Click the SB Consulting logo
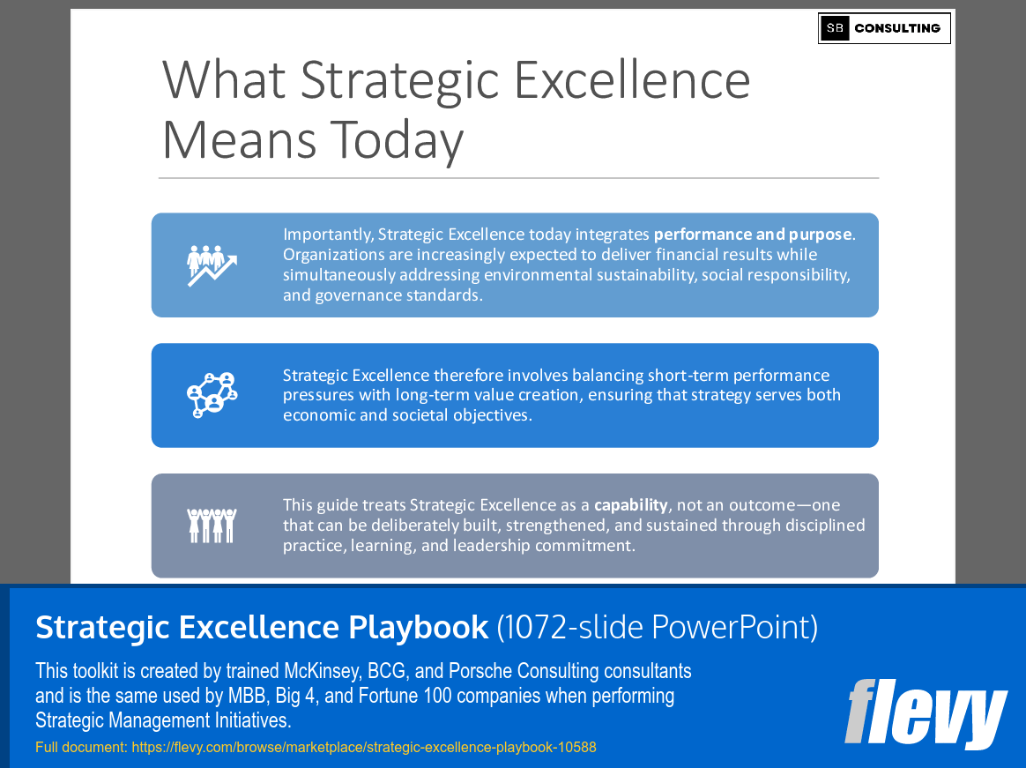click(x=884, y=28)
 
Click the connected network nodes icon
click(x=212, y=395)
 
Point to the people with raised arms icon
click(x=212, y=526)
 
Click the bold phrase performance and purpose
click(x=753, y=235)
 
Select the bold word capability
click(x=630, y=505)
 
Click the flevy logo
click(x=926, y=712)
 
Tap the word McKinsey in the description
click(x=319, y=671)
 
